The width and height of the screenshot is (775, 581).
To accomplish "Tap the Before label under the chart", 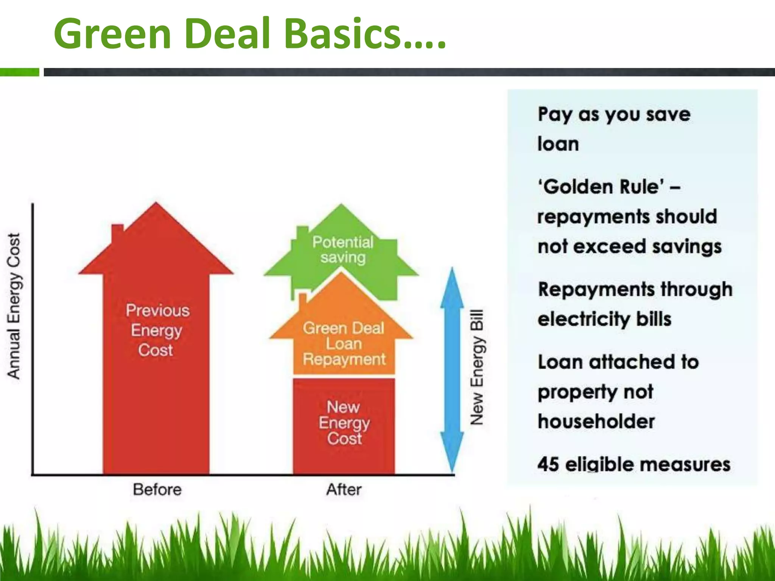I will click(157, 489).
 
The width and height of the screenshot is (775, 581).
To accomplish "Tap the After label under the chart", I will click(344, 489).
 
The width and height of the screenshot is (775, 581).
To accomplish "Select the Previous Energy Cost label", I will click(157, 330).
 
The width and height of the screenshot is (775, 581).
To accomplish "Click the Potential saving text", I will click(343, 250).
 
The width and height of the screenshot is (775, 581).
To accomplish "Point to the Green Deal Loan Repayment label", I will click(344, 343).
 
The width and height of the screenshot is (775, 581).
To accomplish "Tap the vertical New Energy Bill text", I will click(477, 367).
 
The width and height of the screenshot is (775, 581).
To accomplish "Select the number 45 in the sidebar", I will click(548, 464).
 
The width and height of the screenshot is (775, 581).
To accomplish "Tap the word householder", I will click(596, 421).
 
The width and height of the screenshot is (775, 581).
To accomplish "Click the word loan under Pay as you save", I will click(558, 144).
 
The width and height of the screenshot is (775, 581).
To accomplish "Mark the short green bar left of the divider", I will click(19, 72).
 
